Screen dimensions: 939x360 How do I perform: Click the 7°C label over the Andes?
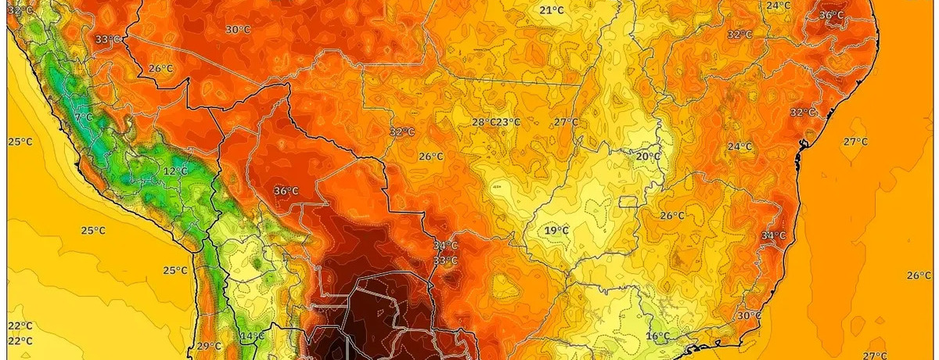[83, 117]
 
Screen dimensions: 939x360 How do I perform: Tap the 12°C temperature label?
[175, 171]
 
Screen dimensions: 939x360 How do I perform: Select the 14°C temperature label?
[252, 337]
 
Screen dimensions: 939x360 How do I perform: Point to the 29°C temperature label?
[209, 346]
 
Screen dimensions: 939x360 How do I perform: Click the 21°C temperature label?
[552, 10]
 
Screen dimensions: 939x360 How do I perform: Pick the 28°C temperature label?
[484, 122]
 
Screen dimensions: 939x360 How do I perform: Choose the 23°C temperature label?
[509, 122]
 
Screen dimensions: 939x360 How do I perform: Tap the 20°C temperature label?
[648, 156]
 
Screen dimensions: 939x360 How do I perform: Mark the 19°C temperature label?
[556, 230]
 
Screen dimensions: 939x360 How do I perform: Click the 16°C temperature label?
[658, 337]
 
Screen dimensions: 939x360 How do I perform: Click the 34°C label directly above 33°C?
[445, 246]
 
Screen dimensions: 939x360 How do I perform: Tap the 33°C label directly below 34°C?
[445, 261]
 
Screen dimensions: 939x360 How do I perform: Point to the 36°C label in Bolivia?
[286, 191]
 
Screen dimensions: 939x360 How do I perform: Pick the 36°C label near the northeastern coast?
[831, 15]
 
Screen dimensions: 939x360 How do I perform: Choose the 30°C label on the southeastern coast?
[749, 315]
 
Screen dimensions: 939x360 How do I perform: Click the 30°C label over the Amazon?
[238, 30]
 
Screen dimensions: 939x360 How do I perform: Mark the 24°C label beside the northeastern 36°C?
[778, 5]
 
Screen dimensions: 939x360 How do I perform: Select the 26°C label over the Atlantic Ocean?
[919, 275]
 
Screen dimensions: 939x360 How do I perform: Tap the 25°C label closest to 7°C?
[20, 142]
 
